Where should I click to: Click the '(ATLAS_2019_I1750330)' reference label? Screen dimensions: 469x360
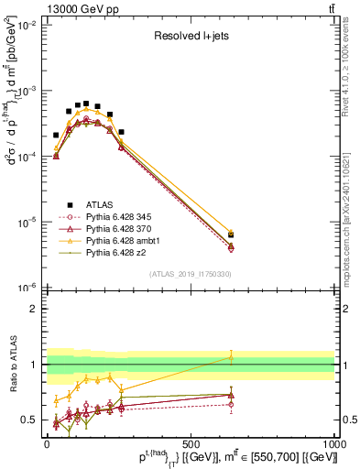click(190, 274)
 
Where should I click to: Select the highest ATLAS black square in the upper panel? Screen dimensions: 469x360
click(86, 104)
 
